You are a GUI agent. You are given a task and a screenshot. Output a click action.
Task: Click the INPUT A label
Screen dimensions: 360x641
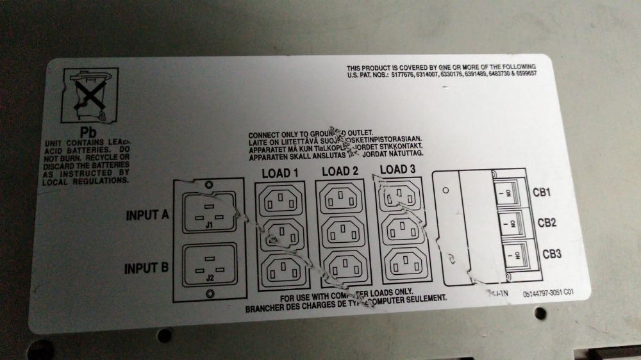(146, 215)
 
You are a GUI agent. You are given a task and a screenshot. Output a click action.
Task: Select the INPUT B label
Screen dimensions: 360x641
(146, 266)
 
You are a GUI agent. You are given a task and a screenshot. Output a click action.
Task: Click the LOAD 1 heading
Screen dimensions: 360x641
(280, 172)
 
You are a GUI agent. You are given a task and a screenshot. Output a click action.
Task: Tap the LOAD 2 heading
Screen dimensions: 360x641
(340, 171)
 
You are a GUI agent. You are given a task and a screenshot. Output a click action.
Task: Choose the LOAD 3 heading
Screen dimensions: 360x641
(398, 170)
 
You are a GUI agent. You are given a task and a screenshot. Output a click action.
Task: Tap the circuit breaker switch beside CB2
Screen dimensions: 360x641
(511, 224)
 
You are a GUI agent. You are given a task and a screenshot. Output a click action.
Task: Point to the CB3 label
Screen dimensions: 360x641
(549, 254)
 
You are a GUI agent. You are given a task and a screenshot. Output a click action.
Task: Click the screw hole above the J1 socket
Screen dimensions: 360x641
(210, 185)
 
